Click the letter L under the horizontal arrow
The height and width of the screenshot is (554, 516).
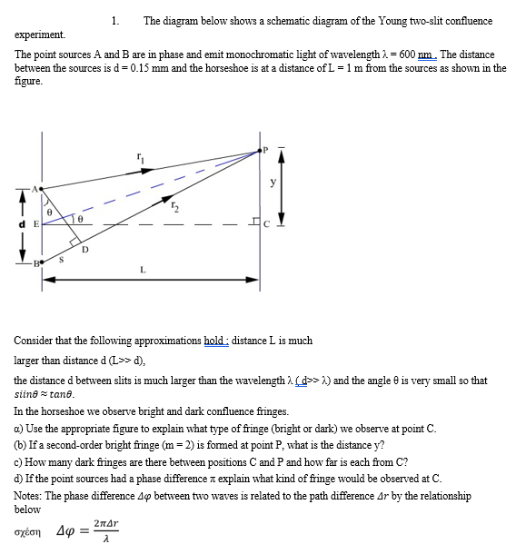click(143, 269)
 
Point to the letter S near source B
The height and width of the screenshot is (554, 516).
click(62, 261)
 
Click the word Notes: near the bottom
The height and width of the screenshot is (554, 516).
click(30, 496)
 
